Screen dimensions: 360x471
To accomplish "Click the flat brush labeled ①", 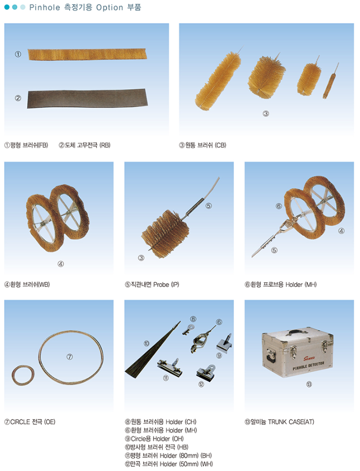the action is tap(87, 55).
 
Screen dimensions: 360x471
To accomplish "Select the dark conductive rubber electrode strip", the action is tap(88, 98).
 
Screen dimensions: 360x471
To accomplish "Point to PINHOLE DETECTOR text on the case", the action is tap(309, 366).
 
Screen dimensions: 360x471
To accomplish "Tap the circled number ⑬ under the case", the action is tap(309, 384).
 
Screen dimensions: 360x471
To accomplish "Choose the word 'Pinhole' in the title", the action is tap(45, 7).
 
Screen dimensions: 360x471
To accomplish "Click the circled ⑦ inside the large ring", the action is tap(70, 357).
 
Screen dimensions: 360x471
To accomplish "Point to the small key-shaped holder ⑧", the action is tap(188, 329).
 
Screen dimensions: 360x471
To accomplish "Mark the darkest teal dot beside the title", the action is tap(7, 7).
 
